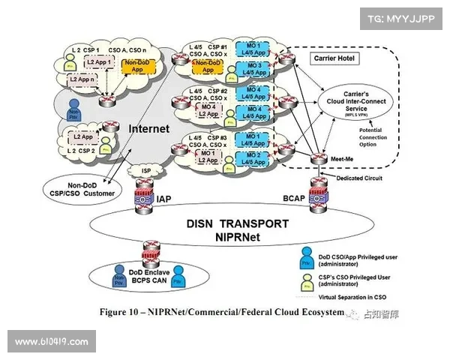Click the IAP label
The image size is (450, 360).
point(165,199)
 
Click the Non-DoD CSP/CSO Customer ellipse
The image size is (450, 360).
point(79,189)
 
